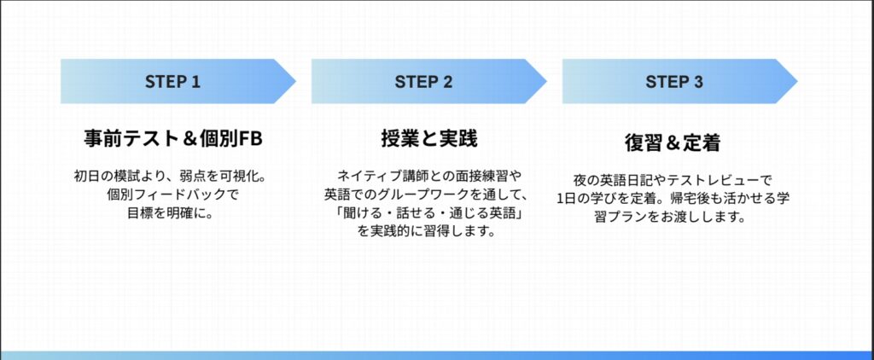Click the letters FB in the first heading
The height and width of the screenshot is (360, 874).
pyautogui.click(x=246, y=137)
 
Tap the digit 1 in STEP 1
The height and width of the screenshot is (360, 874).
pyautogui.click(x=195, y=82)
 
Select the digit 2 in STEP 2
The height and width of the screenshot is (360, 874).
pyautogui.click(x=447, y=82)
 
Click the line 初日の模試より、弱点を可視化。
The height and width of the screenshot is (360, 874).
pyautogui.click(x=172, y=177)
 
